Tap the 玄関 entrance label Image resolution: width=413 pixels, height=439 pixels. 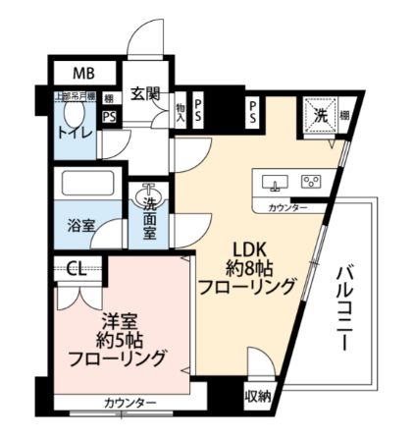pos(146,93)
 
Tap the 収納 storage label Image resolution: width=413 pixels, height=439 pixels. pos(258,398)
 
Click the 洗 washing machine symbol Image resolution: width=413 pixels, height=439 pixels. pos(321,114)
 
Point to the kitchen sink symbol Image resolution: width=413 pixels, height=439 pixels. pos(274,183)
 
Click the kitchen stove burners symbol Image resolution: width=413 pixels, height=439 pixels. pos(312,183)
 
